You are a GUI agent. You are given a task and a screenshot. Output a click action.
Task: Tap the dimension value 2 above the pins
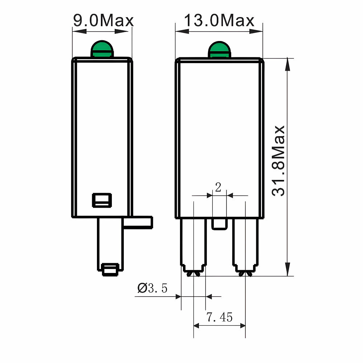(x=218, y=188)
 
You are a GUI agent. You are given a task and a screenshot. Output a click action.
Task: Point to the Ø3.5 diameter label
(x=152, y=289)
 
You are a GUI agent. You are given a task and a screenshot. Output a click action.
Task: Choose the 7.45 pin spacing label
(x=220, y=318)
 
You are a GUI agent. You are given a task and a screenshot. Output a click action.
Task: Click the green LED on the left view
(x=102, y=49)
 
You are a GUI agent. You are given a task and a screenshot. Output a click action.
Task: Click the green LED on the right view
(x=219, y=49)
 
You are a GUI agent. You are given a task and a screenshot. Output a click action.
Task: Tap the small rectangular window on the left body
(x=102, y=200)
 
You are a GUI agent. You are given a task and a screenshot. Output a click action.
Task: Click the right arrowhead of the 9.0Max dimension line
(x=127, y=32)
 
